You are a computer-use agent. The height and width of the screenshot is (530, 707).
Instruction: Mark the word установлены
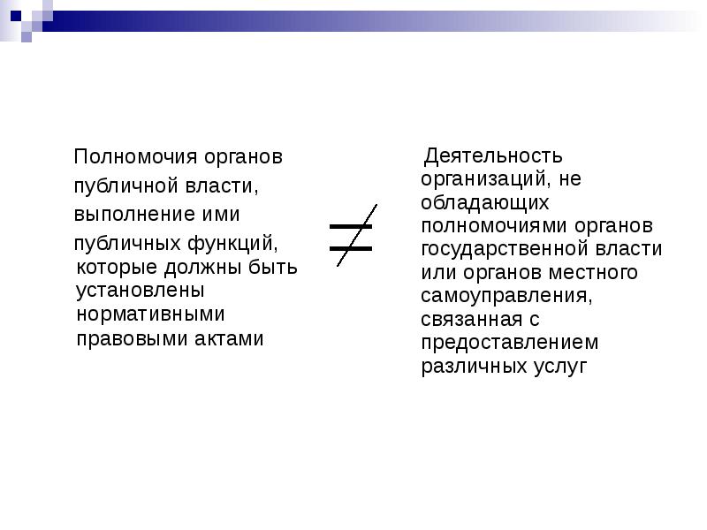[x=141, y=290]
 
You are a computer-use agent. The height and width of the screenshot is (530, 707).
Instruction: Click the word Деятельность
[x=493, y=156]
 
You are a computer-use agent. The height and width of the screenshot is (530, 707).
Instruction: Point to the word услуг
[x=562, y=365]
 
